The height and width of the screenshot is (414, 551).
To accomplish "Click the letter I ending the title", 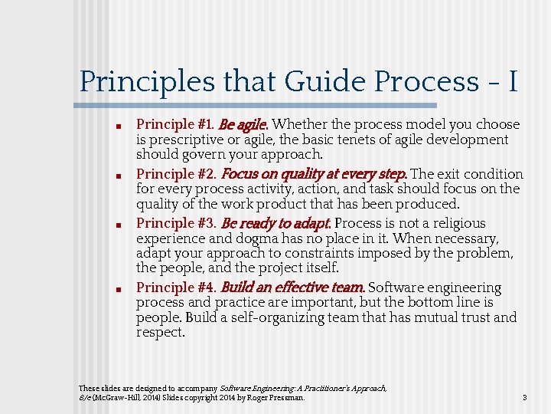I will pos(511,82).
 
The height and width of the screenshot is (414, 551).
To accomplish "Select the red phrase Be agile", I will pos(243,124).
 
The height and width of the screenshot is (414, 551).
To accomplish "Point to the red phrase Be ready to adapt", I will pos(275,224).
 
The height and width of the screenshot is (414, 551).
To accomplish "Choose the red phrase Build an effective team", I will pos(292,288).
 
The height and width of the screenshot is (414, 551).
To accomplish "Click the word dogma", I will pos(247,238).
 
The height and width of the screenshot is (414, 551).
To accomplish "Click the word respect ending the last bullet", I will pos(160,333).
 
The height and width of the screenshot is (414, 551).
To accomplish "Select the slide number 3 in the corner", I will pos(524,398).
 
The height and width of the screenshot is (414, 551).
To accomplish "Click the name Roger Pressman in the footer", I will pos(279,398).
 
